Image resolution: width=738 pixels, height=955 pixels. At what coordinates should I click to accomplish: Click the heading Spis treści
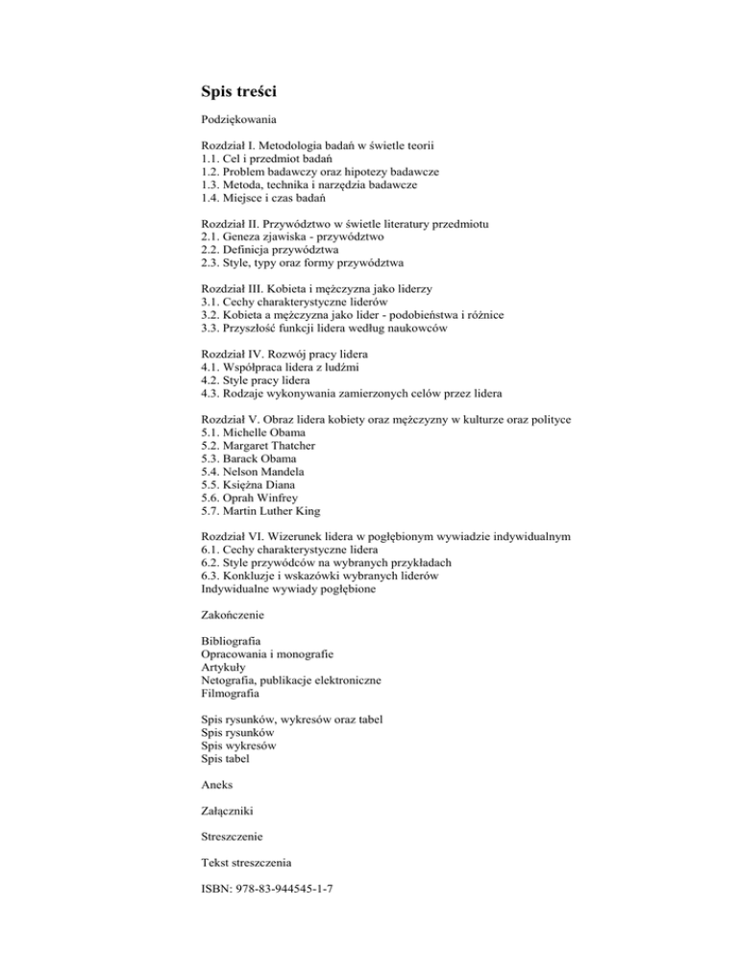[x=240, y=93]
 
